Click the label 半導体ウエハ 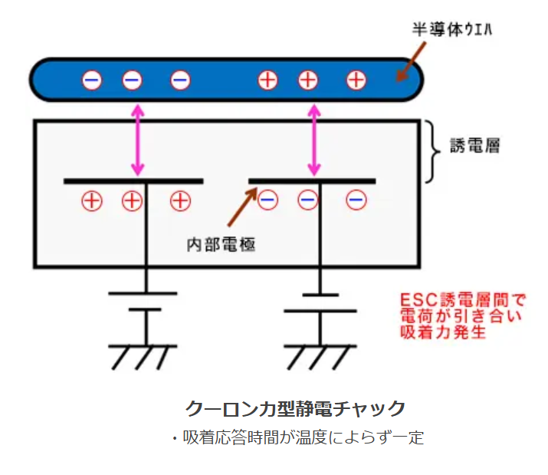tap(452, 29)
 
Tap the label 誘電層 tap(474, 145)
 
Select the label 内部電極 tap(221, 244)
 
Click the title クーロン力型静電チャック tap(295, 408)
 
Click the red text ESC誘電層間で tap(463, 300)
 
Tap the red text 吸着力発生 tap(443, 332)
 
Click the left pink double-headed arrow tap(138, 140)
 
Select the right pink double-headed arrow tap(314, 140)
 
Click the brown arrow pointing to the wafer tap(412, 61)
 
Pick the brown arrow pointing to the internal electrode tap(242, 207)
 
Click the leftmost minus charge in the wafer tap(92, 80)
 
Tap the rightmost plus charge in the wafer tap(356, 80)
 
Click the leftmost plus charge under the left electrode tap(92, 201)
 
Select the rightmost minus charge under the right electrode tap(356, 200)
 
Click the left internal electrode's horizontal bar tap(133, 181)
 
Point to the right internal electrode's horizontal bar tap(312, 181)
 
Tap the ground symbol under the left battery tap(143, 357)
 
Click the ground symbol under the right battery tap(320, 357)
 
